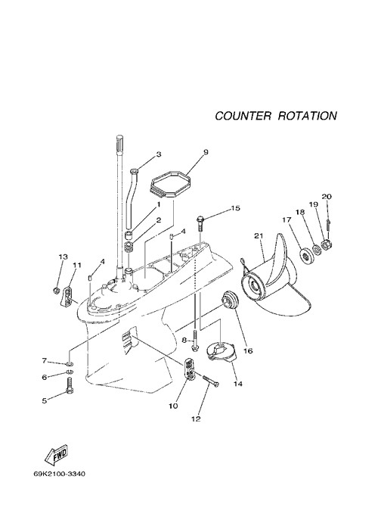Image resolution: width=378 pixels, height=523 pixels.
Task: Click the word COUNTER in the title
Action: click(x=243, y=116)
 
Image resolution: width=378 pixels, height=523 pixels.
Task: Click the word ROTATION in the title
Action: click(x=308, y=116)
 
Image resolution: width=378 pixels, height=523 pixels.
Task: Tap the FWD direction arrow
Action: click(x=57, y=456)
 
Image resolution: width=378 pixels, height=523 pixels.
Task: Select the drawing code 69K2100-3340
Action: click(x=59, y=474)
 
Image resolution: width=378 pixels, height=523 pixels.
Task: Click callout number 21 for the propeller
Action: click(x=259, y=235)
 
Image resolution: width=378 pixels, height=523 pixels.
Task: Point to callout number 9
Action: click(x=206, y=152)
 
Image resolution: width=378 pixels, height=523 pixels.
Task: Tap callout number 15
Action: click(x=235, y=208)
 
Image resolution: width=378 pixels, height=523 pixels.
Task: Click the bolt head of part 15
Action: click(x=200, y=219)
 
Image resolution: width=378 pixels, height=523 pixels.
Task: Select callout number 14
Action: click(x=238, y=384)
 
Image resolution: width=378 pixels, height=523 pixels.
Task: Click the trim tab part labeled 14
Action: click(x=222, y=352)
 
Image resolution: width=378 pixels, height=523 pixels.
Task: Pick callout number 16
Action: click(x=248, y=350)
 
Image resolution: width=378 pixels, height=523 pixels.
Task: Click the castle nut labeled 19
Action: click(x=325, y=246)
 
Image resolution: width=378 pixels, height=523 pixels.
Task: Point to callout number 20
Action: click(x=327, y=197)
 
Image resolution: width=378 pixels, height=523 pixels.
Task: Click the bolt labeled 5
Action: click(x=70, y=385)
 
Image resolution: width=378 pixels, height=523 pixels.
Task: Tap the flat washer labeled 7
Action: click(x=70, y=363)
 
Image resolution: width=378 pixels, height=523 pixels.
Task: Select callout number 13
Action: click(x=63, y=257)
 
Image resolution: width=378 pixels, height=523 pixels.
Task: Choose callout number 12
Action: click(x=196, y=419)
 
